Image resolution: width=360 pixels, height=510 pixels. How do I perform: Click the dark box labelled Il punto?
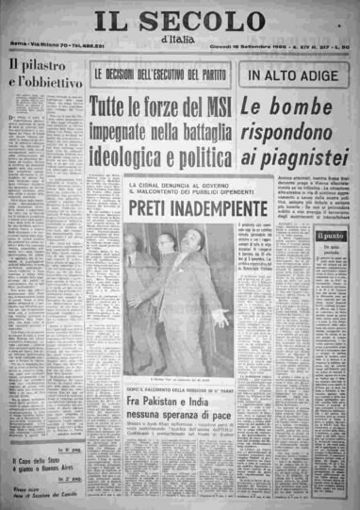(x=330, y=236)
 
